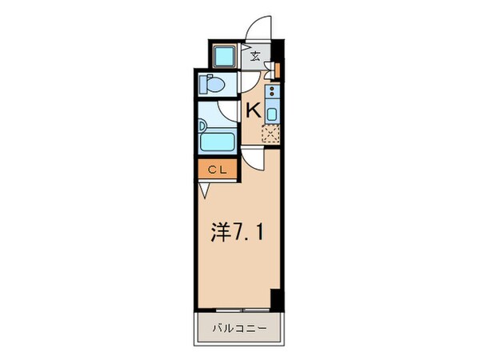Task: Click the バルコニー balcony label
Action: pyautogui.click(x=238, y=328)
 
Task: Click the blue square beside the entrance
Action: pyautogui.click(x=223, y=56)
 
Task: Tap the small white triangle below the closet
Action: pyautogui.click(x=205, y=190)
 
